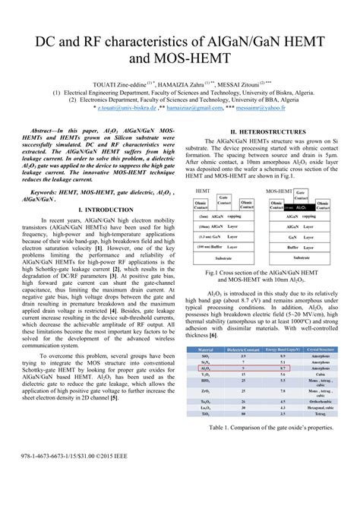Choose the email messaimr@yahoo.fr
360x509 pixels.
pos(286,109)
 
